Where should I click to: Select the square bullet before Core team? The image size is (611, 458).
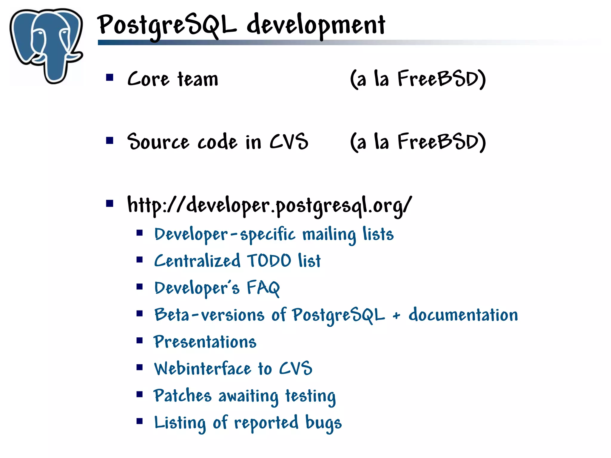(110, 78)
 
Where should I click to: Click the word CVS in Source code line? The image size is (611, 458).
(289, 142)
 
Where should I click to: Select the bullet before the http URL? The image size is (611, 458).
(110, 204)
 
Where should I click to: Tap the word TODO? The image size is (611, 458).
(269, 261)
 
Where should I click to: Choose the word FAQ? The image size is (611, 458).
(263, 288)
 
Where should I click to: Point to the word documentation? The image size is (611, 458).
(463, 315)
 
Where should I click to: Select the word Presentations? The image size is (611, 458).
(205, 342)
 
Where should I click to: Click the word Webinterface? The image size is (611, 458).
(203, 369)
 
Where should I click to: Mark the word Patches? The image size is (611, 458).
(182, 396)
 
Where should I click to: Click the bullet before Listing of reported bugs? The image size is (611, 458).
(140, 421)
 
